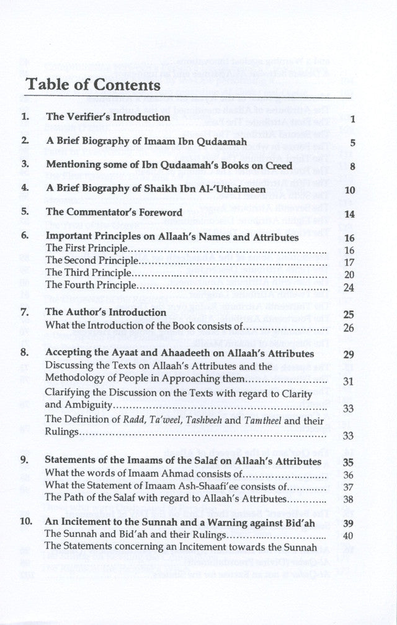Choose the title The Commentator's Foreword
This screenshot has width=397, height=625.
pyautogui.click(x=114, y=212)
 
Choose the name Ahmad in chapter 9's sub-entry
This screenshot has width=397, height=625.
pyautogui.click(x=162, y=474)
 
